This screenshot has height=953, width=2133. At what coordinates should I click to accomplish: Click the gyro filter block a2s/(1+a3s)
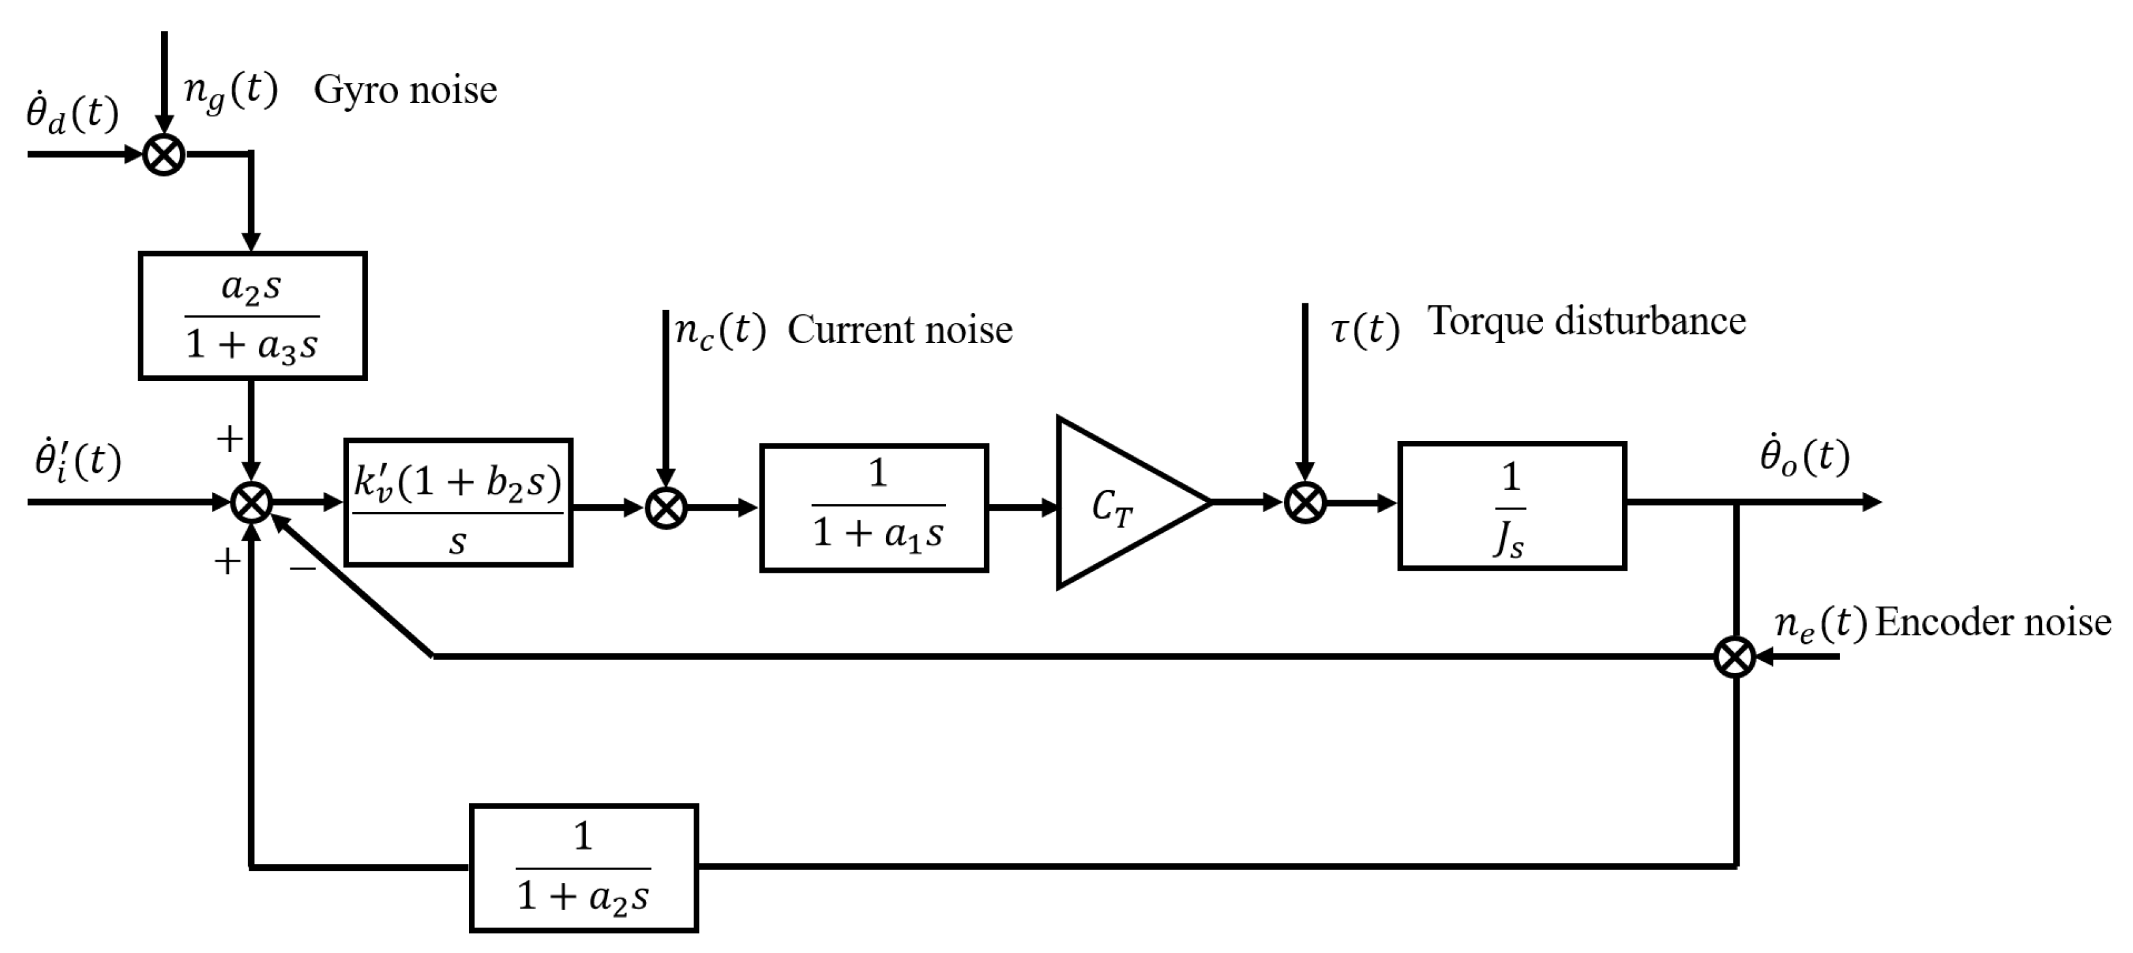252,316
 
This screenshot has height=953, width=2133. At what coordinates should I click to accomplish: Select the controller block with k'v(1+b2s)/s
458,502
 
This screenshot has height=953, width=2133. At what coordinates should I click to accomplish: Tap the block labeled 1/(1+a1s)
874,507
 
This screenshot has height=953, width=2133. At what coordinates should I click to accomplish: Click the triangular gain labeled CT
1118,502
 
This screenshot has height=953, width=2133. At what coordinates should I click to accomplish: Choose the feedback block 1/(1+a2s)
584,868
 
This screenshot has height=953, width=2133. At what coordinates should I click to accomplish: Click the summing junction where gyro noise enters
164,155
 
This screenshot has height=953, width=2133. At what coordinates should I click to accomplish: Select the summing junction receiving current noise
666,507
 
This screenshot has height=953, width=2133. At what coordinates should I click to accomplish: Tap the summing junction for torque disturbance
1305,502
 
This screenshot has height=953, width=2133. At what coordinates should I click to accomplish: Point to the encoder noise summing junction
1734,657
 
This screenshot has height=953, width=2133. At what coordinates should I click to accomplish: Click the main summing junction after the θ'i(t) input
251,502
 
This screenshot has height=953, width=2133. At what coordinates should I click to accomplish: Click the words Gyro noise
405,89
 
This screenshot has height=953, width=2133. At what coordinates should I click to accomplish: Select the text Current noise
899,329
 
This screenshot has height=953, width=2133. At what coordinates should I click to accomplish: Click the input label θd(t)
72,113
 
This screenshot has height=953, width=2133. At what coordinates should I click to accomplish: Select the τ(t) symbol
1364,329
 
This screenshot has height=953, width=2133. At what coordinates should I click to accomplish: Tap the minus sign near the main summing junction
302,568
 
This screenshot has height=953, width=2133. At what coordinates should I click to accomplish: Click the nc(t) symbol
720,330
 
